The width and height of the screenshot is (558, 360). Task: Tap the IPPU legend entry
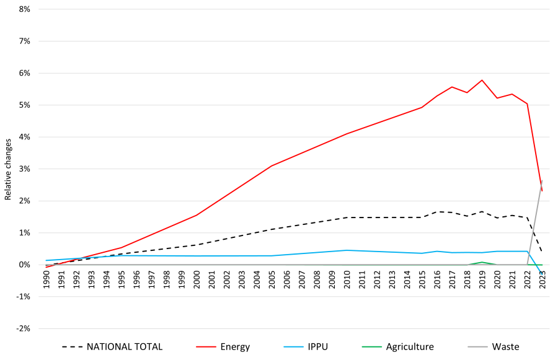[x=317, y=347]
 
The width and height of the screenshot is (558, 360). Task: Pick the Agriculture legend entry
[x=409, y=347]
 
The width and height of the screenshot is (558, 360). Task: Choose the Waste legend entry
[x=505, y=347]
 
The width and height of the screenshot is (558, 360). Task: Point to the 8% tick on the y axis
[x=24, y=9]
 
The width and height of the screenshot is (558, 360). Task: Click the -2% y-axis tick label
[x=23, y=328]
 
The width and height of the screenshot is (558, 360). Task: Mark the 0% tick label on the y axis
[x=24, y=265]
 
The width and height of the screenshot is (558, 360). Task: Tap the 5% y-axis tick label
[x=24, y=105]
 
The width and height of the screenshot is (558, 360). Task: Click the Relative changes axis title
[x=8, y=169]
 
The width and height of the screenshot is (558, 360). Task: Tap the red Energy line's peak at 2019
[x=482, y=80]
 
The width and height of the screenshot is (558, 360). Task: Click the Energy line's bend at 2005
[x=272, y=166]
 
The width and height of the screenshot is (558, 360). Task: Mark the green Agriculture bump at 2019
[x=482, y=262]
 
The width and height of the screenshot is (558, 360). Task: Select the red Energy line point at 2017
[x=452, y=87]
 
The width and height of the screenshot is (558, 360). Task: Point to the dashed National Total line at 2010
[x=347, y=217]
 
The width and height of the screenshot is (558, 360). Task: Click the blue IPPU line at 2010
[x=347, y=250]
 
